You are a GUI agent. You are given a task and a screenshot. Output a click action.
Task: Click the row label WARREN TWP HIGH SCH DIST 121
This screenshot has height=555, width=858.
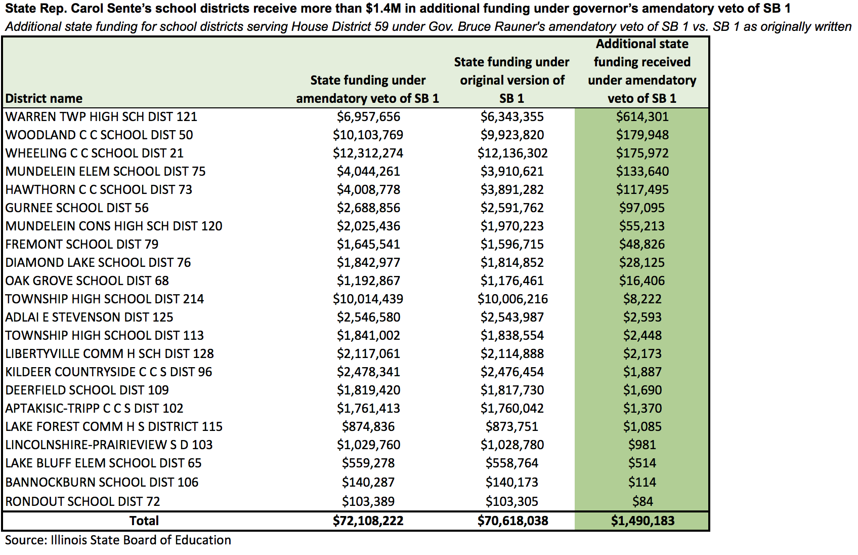[101, 116]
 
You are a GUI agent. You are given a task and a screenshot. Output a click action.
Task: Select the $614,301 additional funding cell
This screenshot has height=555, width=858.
[642, 116]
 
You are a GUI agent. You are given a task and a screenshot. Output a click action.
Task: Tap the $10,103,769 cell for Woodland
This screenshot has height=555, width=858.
[368, 135]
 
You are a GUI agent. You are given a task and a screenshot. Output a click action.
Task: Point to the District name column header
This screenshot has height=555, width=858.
[44, 99]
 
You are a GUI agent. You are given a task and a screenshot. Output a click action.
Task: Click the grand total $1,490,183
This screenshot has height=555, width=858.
[642, 521]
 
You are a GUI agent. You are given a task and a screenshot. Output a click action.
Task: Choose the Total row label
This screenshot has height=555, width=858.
[144, 521]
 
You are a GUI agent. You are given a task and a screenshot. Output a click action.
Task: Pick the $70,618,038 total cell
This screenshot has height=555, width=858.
[512, 521]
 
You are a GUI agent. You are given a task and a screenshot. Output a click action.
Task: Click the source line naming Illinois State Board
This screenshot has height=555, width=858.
[118, 540]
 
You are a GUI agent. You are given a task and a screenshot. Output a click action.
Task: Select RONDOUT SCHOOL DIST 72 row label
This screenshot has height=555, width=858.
[82, 501]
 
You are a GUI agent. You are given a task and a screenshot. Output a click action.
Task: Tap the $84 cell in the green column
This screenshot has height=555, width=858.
[642, 501]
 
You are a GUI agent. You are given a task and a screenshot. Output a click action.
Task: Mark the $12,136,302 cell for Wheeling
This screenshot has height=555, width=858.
[512, 153]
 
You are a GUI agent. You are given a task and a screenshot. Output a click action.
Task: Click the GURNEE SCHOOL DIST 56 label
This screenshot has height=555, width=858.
[76, 208]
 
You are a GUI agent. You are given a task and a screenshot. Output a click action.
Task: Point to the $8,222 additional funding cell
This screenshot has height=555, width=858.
[642, 299]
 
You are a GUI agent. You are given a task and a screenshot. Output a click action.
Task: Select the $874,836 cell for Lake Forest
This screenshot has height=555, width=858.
[368, 426]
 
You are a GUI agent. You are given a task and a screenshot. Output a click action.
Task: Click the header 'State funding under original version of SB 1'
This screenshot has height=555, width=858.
[512, 80]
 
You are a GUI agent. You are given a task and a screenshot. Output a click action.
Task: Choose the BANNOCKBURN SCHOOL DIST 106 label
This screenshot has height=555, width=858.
[102, 482]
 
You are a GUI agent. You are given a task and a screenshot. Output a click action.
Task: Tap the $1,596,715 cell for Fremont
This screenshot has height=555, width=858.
[512, 244]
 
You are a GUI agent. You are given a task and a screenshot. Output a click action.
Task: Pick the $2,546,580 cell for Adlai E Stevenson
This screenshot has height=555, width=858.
[368, 317]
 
